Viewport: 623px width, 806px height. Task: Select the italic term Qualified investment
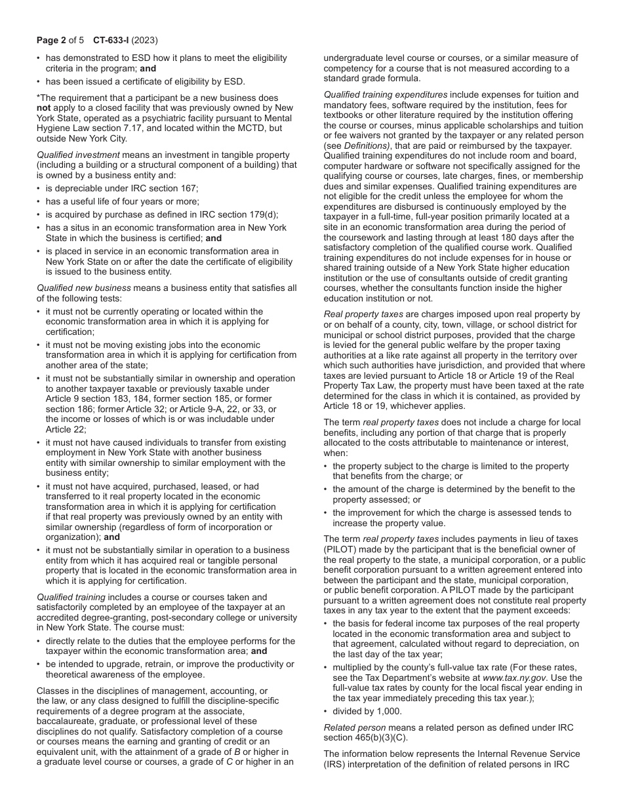78,155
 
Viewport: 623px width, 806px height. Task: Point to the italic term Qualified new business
84,288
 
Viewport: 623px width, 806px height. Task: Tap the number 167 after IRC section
190,188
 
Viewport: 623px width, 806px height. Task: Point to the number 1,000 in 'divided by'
389,711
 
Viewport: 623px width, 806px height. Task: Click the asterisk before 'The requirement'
38,98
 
